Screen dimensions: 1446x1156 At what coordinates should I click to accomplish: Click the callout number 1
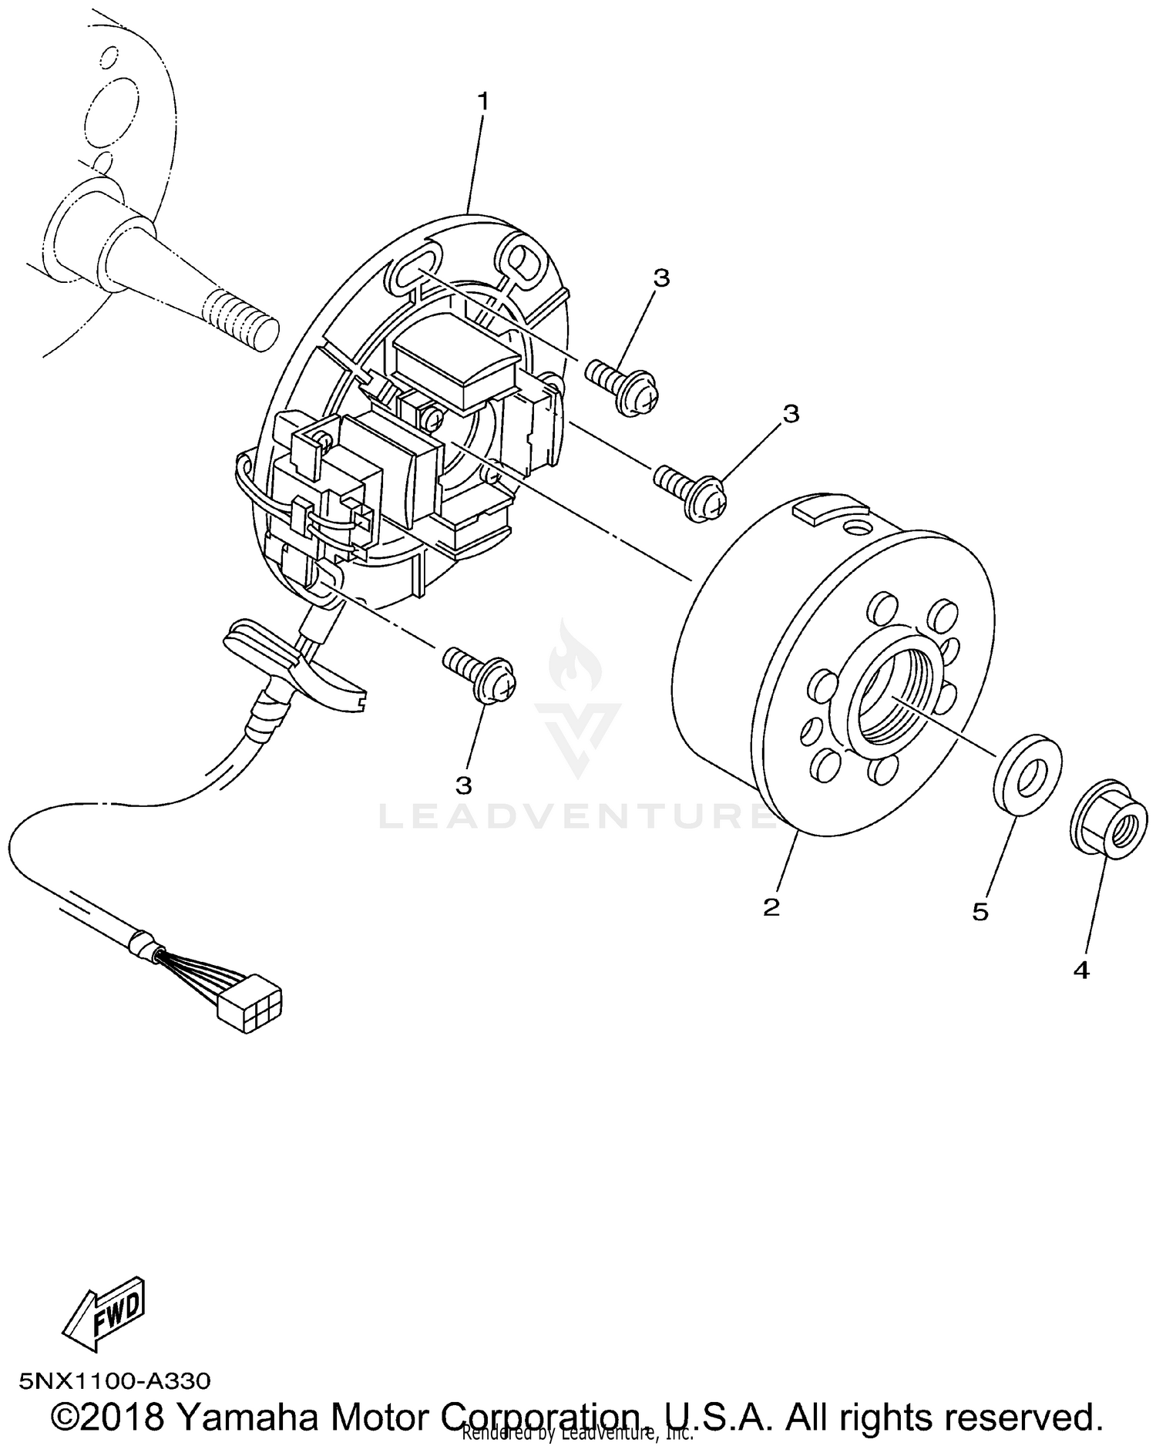(x=483, y=101)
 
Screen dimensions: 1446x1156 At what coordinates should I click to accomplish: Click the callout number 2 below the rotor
(x=771, y=906)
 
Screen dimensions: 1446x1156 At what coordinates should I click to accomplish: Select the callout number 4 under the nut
(x=1080, y=970)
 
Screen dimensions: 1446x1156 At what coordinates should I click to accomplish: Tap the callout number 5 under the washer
(x=980, y=912)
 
